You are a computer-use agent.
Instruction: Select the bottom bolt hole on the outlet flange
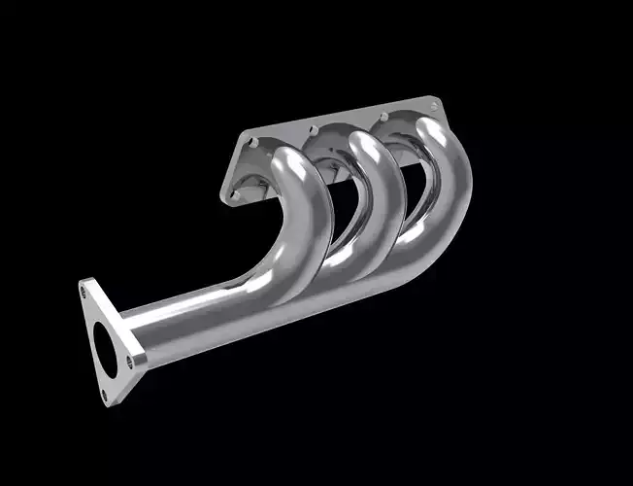(x=104, y=395)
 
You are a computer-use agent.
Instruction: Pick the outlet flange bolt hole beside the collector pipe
(x=130, y=361)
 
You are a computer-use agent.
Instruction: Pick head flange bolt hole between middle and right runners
(x=383, y=117)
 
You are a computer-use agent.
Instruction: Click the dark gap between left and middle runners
(x=335, y=219)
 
